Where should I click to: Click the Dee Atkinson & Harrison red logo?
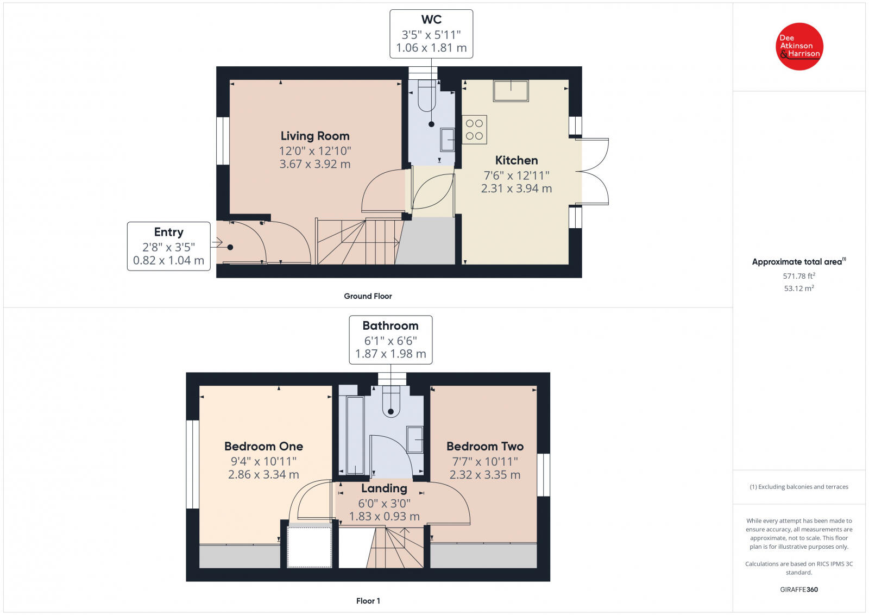point(799,46)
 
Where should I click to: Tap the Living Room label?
point(315,136)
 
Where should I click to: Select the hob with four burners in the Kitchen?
point(474,130)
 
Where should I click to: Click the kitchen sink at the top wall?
point(511,91)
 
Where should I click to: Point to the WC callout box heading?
point(431,20)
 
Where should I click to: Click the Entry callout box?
point(168,246)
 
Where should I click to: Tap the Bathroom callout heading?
point(391,325)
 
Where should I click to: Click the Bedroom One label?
point(263,446)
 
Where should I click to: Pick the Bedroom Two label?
point(485,446)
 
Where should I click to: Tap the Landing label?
point(384,488)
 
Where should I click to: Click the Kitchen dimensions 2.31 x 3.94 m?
point(516,189)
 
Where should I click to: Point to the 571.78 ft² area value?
point(799,276)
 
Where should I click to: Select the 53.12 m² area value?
point(799,288)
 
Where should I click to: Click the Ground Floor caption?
point(368,296)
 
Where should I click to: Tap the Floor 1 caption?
point(368,601)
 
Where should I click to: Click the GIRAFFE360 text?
point(799,589)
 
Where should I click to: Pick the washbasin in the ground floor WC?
point(448,140)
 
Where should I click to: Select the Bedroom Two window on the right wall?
point(543,475)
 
